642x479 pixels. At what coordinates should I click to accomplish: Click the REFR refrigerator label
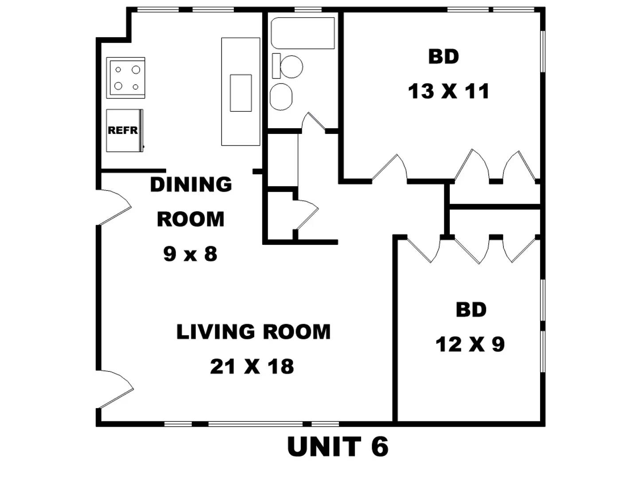pyautogui.click(x=123, y=130)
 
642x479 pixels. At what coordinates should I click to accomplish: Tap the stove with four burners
pyautogui.click(x=125, y=78)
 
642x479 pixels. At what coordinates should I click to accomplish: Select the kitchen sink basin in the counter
pyautogui.click(x=241, y=93)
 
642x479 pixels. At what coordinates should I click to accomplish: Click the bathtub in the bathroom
pyautogui.click(x=303, y=33)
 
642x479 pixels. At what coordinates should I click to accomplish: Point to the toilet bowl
pyautogui.click(x=291, y=67)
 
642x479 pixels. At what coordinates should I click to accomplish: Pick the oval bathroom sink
pyautogui.click(x=281, y=97)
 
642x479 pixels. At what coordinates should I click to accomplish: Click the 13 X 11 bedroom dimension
pyautogui.click(x=448, y=91)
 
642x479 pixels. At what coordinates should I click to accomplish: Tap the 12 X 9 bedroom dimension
pyautogui.click(x=470, y=344)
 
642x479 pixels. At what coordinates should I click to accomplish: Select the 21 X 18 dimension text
pyautogui.click(x=252, y=366)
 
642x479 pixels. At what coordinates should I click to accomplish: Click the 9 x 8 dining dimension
pyautogui.click(x=190, y=254)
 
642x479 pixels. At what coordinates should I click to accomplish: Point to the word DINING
pyautogui.click(x=191, y=185)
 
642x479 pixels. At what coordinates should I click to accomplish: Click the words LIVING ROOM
pyautogui.click(x=253, y=332)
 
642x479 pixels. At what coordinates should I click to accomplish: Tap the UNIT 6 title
pyautogui.click(x=338, y=447)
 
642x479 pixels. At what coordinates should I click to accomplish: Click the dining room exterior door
pyautogui.click(x=114, y=207)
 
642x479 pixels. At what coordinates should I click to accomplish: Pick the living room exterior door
pyautogui.click(x=115, y=389)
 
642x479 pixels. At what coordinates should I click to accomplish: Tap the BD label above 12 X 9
pyautogui.click(x=471, y=310)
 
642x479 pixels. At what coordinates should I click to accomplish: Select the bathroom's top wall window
pyautogui.click(x=307, y=10)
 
